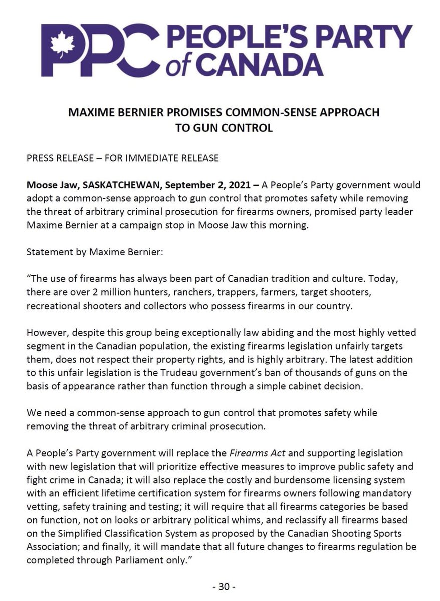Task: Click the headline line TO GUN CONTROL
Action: [224, 128]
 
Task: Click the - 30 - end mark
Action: [219, 585]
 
